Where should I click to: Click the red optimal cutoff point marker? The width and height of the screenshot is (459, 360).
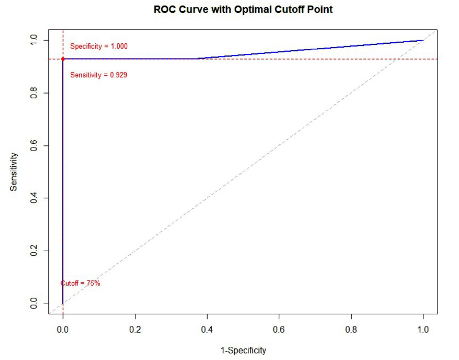pyautogui.click(x=63, y=59)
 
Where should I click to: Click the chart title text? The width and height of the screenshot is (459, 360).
pyautogui.click(x=243, y=9)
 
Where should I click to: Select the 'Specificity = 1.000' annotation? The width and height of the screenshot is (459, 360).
pyautogui.click(x=99, y=46)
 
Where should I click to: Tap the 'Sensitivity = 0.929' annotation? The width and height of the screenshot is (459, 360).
pyautogui.click(x=99, y=75)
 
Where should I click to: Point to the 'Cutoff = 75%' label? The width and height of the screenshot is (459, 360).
pyautogui.click(x=80, y=283)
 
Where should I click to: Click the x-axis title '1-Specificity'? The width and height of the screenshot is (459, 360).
pyautogui.click(x=243, y=350)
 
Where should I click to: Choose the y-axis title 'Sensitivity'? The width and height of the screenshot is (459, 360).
pyautogui.click(x=14, y=172)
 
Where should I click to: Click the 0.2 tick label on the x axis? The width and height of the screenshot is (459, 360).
pyautogui.click(x=135, y=329)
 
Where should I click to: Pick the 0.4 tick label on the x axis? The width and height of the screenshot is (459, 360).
pyautogui.click(x=207, y=329)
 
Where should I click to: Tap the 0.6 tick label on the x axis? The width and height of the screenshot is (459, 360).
pyautogui.click(x=279, y=329)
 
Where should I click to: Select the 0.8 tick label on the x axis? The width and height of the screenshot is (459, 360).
pyautogui.click(x=351, y=329)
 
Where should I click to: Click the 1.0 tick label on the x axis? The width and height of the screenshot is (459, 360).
pyautogui.click(x=423, y=329)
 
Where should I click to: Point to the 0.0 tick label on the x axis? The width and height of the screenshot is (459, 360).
pyautogui.click(x=63, y=329)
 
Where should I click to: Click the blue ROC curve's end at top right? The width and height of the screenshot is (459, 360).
pyautogui.click(x=422, y=40)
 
